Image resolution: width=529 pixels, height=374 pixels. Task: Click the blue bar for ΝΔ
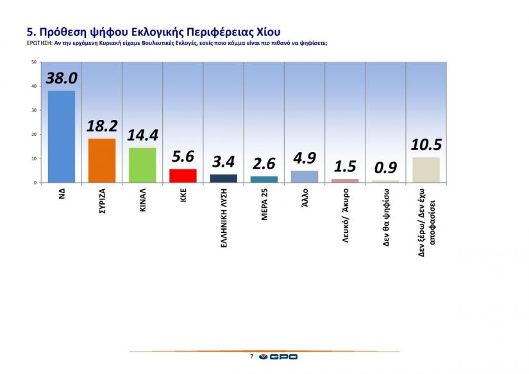pyautogui.click(x=61, y=137)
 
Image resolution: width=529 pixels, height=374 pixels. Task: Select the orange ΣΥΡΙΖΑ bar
pyautogui.click(x=101, y=160)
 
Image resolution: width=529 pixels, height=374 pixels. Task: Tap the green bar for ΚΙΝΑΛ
pyautogui.click(x=142, y=165)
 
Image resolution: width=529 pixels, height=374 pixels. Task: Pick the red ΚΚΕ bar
pyautogui.click(x=183, y=176)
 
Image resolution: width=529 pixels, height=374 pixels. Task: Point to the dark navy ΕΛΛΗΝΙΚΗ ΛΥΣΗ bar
pyautogui.click(x=223, y=178)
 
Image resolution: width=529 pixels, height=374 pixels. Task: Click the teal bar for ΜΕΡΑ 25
pyautogui.click(x=264, y=179)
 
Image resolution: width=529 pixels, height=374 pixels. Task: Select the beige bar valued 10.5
pyautogui.click(x=426, y=170)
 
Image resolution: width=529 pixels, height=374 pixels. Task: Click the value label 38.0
pyautogui.click(x=62, y=78)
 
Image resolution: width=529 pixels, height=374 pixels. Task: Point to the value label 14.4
pyautogui.click(x=142, y=135)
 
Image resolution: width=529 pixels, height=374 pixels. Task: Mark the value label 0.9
pyautogui.click(x=385, y=168)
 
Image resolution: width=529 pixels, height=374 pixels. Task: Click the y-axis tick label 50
pyautogui.click(x=33, y=62)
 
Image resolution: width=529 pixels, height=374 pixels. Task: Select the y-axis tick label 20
pyautogui.click(x=33, y=135)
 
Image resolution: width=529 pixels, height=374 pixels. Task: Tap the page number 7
pyautogui.click(x=251, y=356)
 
